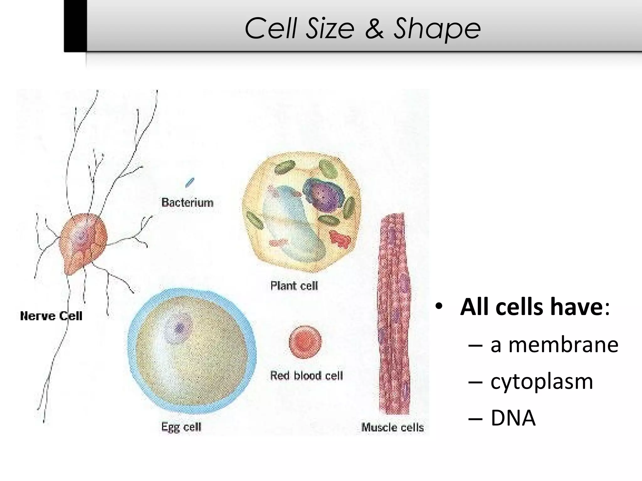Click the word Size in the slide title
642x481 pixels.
(x=330, y=29)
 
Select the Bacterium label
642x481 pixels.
(x=187, y=203)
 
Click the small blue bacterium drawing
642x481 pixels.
(x=190, y=182)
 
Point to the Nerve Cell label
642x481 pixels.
(x=51, y=316)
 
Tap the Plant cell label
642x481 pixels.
(x=294, y=286)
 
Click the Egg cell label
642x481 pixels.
(x=181, y=427)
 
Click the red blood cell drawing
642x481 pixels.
(x=305, y=342)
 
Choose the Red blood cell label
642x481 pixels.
(x=307, y=375)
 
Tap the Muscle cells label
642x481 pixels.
(x=392, y=427)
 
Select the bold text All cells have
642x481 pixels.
(x=531, y=307)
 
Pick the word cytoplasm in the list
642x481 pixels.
(x=542, y=382)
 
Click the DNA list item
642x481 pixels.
(x=513, y=418)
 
